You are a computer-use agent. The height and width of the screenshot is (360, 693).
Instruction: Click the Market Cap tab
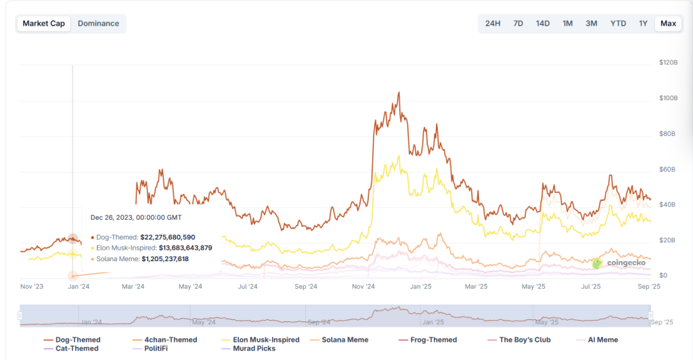tap(44, 24)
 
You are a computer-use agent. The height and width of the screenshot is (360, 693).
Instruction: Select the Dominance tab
tap(98, 24)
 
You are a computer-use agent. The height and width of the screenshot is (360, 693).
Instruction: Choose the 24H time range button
tap(493, 24)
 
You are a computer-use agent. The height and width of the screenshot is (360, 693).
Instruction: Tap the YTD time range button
tap(618, 24)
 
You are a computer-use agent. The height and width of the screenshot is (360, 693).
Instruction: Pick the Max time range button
tap(668, 24)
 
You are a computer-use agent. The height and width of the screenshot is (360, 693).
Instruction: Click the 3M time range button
tap(591, 24)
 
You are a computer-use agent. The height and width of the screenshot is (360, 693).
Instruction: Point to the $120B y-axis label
tap(668, 62)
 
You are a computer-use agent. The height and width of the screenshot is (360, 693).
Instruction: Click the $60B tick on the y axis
tap(667, 169)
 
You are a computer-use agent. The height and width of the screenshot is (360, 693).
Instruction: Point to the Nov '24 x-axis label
tap(363, 287)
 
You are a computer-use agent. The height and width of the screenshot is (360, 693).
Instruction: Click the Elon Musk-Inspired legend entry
tap(260, 340)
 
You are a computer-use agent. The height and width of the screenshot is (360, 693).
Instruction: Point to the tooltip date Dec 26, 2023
tap(136, 217)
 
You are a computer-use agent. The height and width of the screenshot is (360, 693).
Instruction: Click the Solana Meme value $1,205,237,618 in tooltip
tap(164, 259)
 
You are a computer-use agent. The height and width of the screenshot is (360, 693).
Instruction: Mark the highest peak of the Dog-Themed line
tap(399, 93)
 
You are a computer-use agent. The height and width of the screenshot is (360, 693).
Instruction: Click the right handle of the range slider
tap(650, 315)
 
